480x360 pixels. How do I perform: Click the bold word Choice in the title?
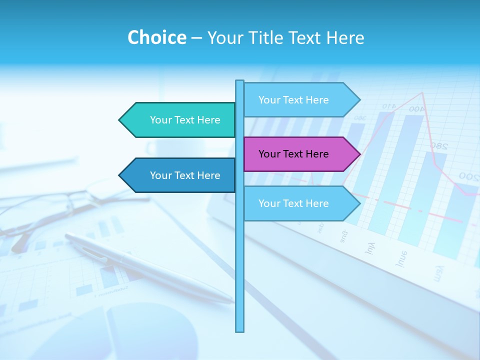click(x=156, y=37)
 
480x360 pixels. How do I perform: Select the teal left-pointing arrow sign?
click(x=180, y=120)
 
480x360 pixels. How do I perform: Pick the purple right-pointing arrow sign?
click(x=298, y=154)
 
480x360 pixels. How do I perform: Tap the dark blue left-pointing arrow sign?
click(x=180, y=175)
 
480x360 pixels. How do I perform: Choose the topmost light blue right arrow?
click(x=298, y=100)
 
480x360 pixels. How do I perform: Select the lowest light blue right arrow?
click(x=298, y=203)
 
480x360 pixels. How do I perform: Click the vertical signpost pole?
click(x=239, y=260)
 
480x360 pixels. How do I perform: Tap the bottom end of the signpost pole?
click(x=239, y=330)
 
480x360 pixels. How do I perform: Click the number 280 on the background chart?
click(x=439, y=145)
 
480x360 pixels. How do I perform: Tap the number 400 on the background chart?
click(x=416, y=108)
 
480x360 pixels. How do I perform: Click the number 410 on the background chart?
click(x=389, y=106)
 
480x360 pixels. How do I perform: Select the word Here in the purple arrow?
click(x=317, y=154)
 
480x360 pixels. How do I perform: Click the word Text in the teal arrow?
click(x=185, y=120)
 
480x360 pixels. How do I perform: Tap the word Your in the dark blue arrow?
click(x=160, y=175)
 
